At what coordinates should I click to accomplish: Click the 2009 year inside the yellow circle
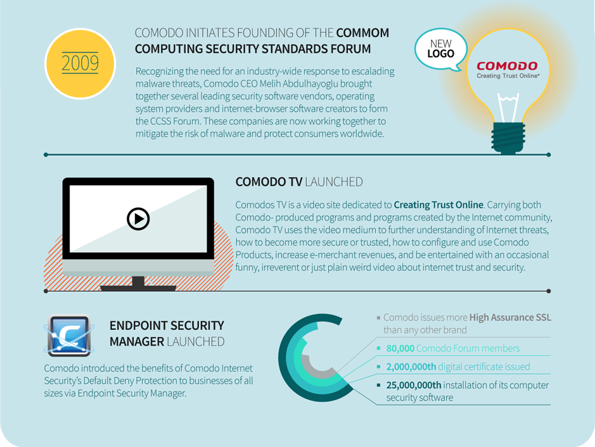(80, 63)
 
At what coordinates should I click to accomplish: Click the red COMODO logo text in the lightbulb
(507, 66)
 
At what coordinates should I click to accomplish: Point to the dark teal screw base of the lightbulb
(508, 137)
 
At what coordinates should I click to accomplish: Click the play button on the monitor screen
(138, 218)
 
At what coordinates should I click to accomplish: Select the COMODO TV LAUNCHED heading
(299, 182)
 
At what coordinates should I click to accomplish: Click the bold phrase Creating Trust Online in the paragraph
(438, 205)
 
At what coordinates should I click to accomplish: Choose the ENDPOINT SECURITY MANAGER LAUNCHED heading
(167, 334)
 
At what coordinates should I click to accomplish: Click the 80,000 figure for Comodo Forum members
(400, 348)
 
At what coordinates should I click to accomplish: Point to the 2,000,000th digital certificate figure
(411, 367)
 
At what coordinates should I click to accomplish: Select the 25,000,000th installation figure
(414, 385)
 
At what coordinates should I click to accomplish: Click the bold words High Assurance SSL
(510, 317)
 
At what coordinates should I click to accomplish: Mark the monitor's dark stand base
(138, 287)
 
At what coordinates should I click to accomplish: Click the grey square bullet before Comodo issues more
(378, 317)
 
